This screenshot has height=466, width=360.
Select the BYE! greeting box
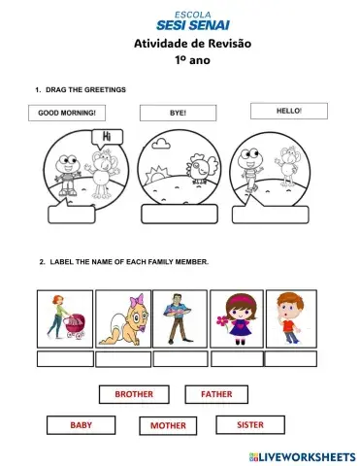click(179, 113)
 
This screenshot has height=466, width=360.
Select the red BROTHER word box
click(134, 394)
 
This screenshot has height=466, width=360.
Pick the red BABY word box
click(81, 425)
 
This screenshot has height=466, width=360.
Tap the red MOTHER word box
click(168, 425)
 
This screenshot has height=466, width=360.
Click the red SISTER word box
click(249, 424)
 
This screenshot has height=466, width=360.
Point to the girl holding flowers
click(236, 318)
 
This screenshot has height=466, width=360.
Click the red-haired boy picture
click(291, 318)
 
